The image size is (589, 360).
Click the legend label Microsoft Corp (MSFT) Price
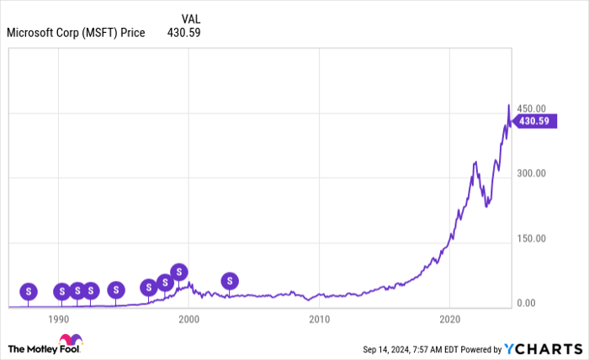tap(76, 33)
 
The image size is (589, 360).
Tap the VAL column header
tap(191, 18)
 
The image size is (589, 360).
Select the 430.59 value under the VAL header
tap(182, 33)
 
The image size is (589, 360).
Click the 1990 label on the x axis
tap(59, 320)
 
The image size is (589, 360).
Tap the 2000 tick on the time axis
tap(189, 320)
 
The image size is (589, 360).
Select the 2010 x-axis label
tap(319, 320)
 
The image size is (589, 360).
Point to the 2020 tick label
tap(449, 320)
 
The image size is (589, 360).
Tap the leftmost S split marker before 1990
tap(29, 291)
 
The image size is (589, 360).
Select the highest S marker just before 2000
tap(179, 272)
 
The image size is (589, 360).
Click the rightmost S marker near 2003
tap(230, 281)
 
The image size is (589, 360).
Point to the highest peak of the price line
tap(508, 106)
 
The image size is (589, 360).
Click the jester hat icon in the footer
tap(77, 341)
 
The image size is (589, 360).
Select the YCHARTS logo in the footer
tap(546, 348)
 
